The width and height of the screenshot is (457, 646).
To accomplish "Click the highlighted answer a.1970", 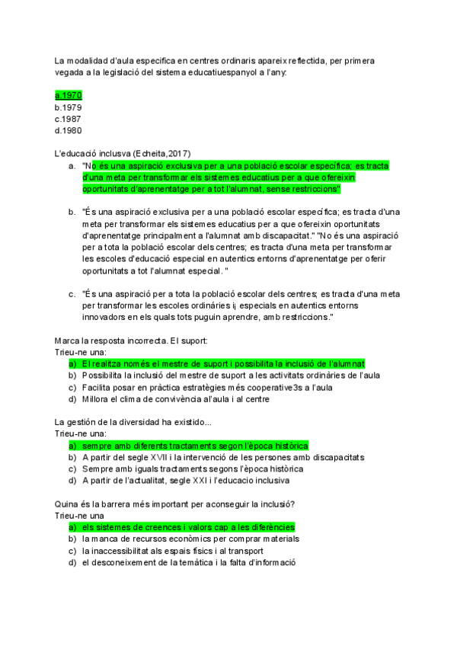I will tap(68, 95).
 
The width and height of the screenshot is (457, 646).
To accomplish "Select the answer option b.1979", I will tap(68, 107).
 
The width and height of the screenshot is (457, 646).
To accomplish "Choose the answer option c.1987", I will tap(68, 119).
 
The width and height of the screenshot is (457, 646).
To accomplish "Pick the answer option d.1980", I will tap(68, 130).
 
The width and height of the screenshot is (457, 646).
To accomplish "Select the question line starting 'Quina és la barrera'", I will tap(175, 504).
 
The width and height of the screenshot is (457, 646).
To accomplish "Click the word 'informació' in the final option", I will tap(273, 562).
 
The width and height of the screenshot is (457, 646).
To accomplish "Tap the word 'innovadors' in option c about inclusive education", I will tap(106, 316).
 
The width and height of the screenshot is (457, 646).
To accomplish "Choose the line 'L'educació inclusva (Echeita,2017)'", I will tap(123, 152).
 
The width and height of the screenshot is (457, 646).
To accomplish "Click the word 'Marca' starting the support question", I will tap(68, 341).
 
